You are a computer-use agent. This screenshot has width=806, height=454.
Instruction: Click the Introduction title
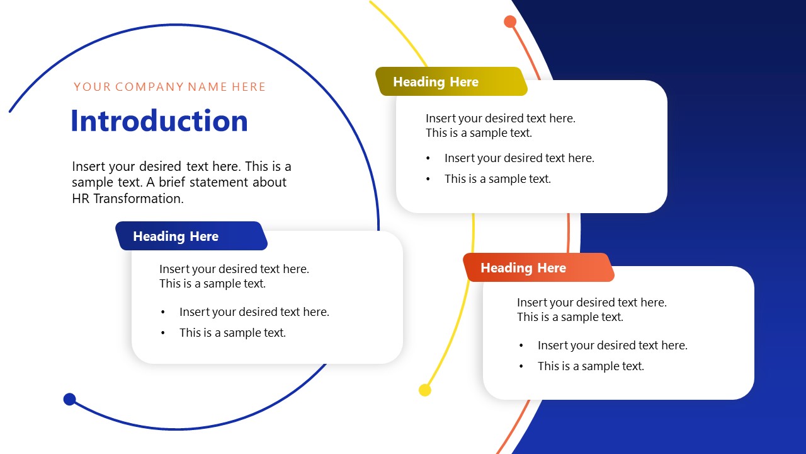click(x=159, y=121)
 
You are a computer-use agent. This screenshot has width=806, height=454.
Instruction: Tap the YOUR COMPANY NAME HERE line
click(x=169, y=87)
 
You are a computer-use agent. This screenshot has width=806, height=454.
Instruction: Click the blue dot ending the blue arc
click(x=70, y=399)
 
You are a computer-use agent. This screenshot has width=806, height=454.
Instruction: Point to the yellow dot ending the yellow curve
click(x=425, y=390)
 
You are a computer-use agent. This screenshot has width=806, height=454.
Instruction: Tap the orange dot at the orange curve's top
click(x=510, y=22)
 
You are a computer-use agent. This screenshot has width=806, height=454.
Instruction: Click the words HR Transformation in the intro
click(x=127, y=199)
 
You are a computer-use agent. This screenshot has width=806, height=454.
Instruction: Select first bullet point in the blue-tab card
click(x=254, y=312)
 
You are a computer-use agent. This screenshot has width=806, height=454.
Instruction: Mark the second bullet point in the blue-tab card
click(x=232, y=333)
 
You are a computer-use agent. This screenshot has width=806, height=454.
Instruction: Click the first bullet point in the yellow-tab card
click(x=519, y=158)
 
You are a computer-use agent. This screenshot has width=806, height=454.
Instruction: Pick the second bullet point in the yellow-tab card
click(x=497, y=179)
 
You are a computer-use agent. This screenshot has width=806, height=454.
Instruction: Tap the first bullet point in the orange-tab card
click(x=612, y=346)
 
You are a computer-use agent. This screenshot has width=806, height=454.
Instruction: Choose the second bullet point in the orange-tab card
click(x=591, y=366)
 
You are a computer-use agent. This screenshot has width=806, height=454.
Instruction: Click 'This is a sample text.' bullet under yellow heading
click(x=497, y=179)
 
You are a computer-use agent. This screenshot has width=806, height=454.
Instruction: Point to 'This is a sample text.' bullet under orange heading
click(x=591, y=366)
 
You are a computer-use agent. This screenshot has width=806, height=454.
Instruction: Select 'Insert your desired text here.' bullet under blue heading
click(x=254, y=312)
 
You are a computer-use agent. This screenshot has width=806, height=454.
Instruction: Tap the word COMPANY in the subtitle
click(x=149, y=87)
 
